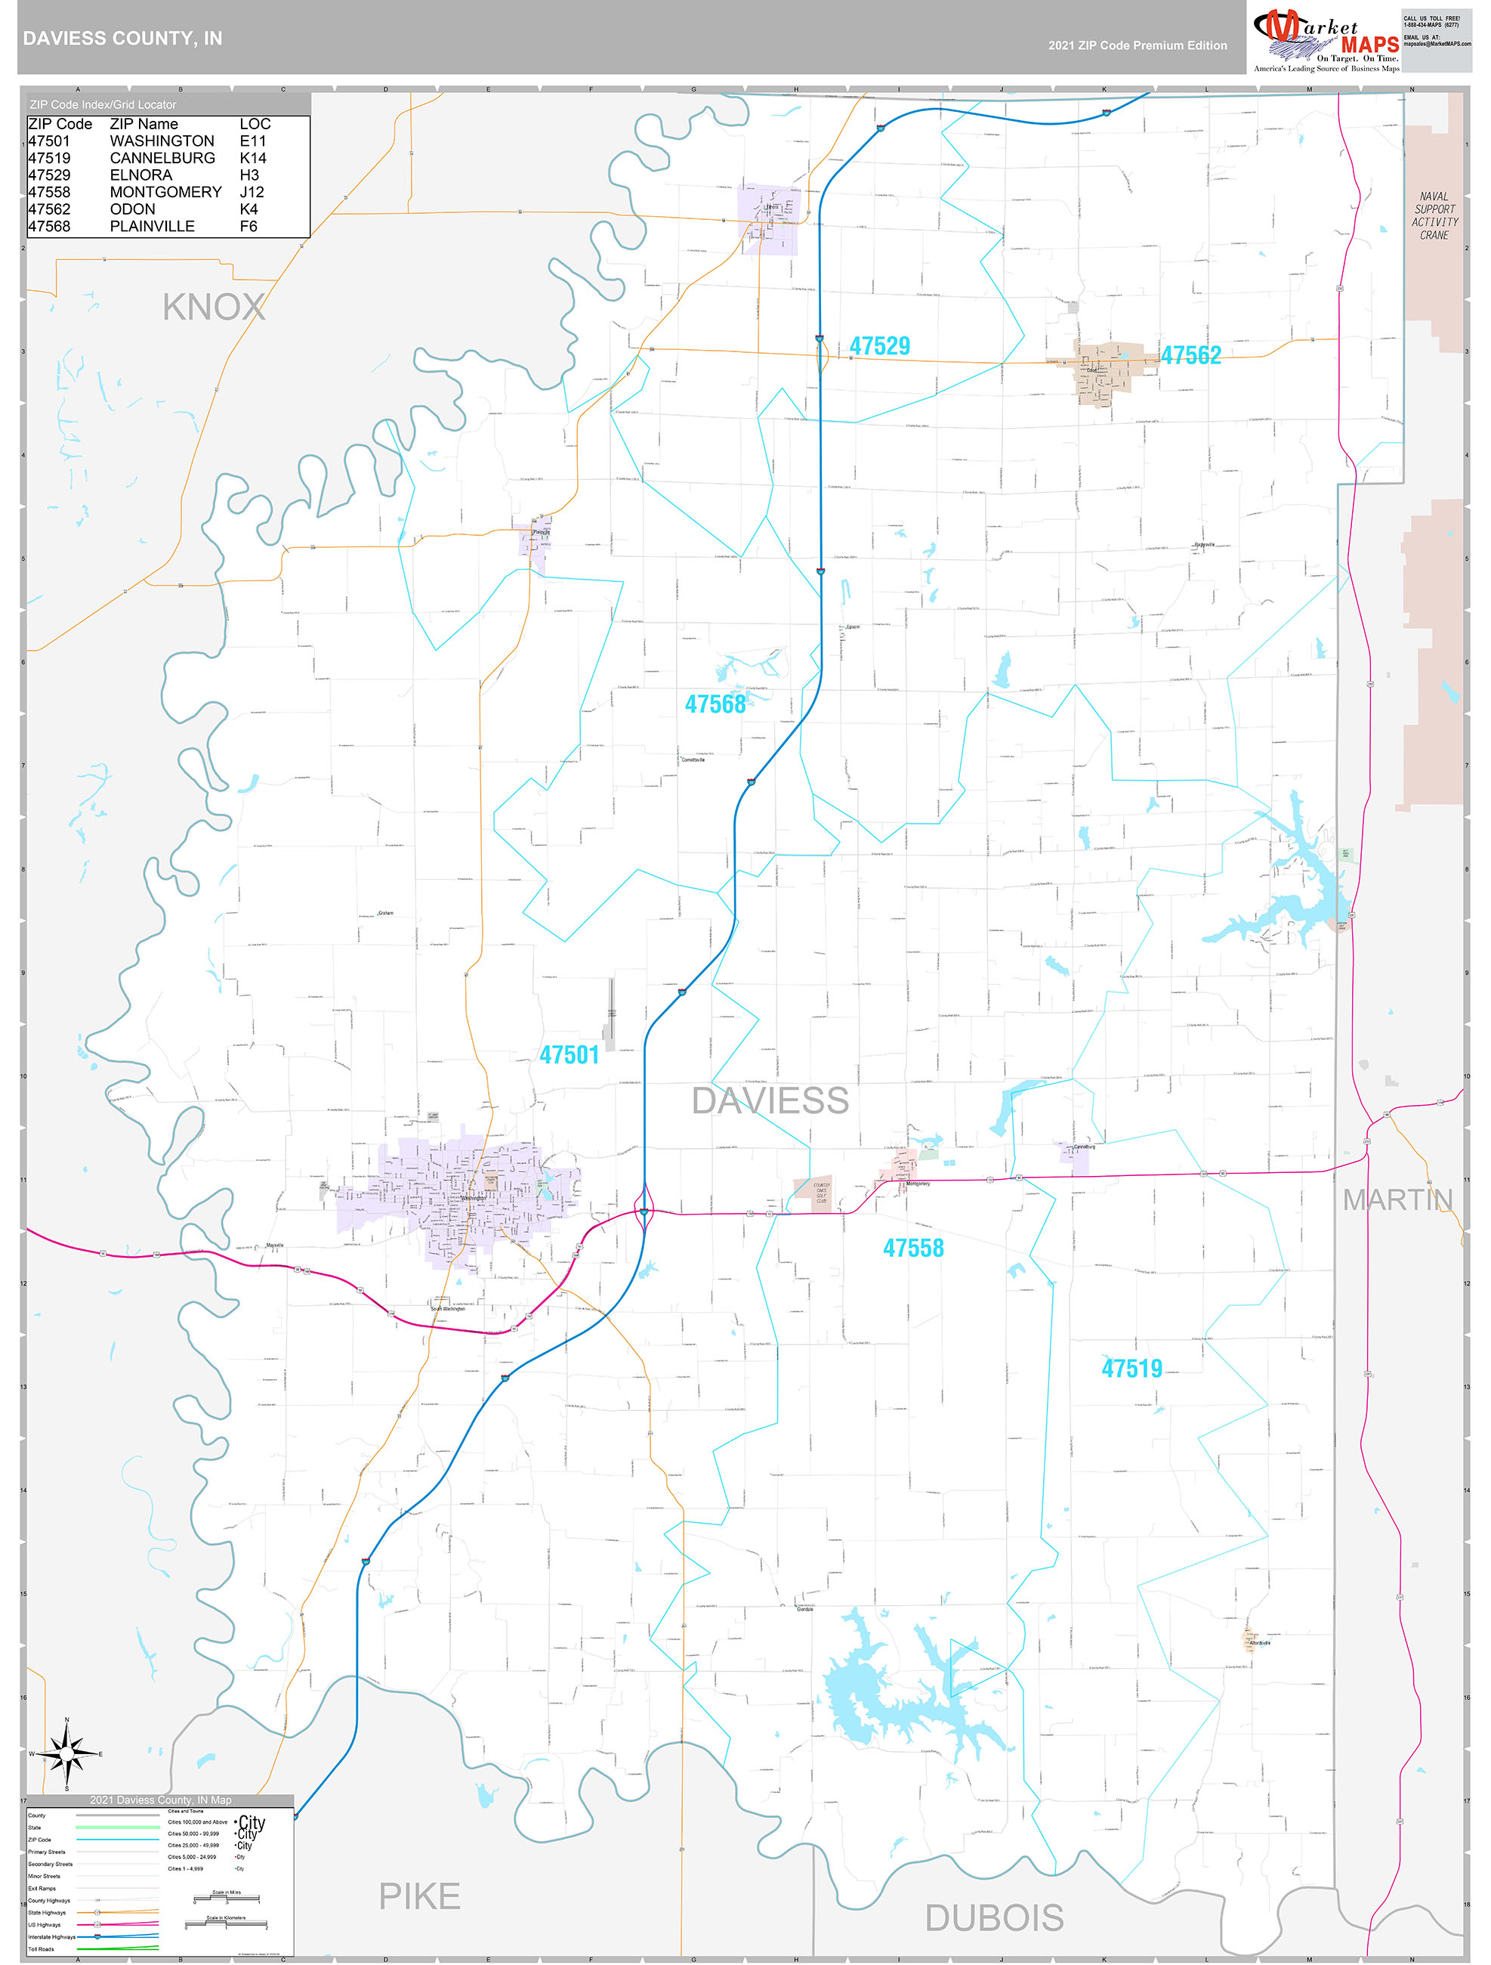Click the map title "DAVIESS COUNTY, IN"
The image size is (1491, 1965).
(x=122, y=39)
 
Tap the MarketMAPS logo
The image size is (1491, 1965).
(x=1325, y=41)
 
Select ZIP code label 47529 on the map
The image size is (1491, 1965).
(x=879, y=345)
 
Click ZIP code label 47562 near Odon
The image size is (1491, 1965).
(x=1191, y=355)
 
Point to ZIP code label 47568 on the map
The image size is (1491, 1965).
(x=715, y=704)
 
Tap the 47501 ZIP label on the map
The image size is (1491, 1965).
(x=570, y=1055)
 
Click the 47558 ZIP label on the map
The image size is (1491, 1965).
(x=913, y=1248)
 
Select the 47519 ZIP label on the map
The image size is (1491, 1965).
(x=1131, y=1369)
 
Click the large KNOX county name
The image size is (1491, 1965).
(x=214, y=308)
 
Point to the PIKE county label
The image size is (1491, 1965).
(x=419, y=1896)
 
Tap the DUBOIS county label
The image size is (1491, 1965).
(x=994, y=1918)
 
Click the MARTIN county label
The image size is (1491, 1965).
(x=1397, y=1200)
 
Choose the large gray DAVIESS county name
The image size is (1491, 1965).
(x=770, y=1100)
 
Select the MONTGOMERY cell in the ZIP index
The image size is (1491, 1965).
(x=165, y=192)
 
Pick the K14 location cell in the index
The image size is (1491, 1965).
(x=252, y=158)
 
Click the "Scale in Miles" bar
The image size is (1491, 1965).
(x=227, y=1900)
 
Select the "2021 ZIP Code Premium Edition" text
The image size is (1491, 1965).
(x=1137, y=45)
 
